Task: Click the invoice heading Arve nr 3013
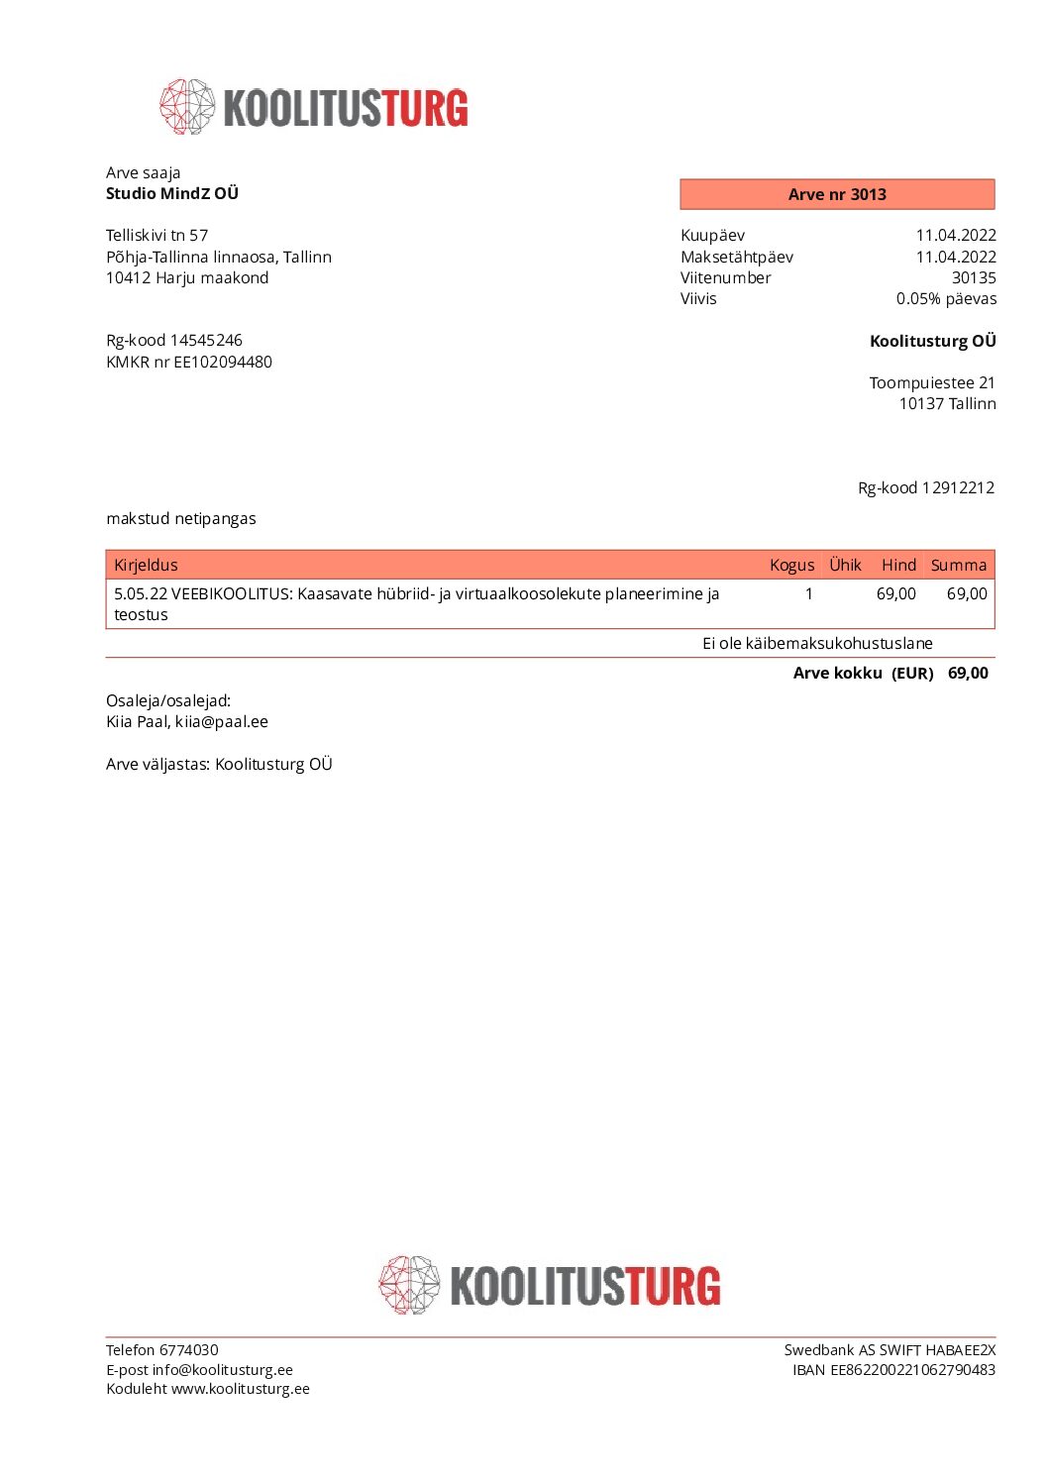[x=837, y=194]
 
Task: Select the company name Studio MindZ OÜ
[x=172, y=193]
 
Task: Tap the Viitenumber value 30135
[x=974, y=277]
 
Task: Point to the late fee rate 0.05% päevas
[x=946, y=298]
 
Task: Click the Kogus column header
[x=791, y=565]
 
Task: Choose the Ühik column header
[x=845, y=565]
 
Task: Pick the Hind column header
[x=898, y=565]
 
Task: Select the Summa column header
[x=958, y=565]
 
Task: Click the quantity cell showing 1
[x=808, y=593]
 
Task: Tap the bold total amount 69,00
[x=968, y=673]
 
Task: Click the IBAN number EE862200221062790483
[x=912, y=1369]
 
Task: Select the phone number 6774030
[x=189, y=1349]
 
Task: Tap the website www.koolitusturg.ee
[x=241, y=1388]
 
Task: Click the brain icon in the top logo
[x=187, y=107]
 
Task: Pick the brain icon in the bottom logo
[x=409, y=1285]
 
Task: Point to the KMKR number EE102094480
[x=223, y=362]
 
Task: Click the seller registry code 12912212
[x=958, y=487]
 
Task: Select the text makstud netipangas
[x=181, y=518]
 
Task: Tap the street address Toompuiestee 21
[x=932, y=382]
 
